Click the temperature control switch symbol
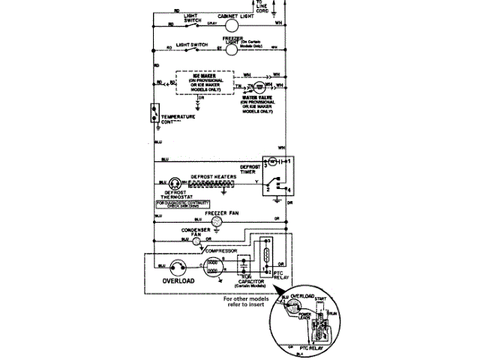[153, 112]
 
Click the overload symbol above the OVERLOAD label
[178, 266]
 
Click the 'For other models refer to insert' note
[250, 300]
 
